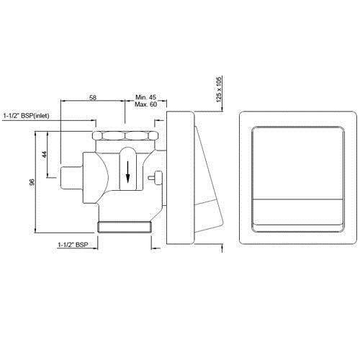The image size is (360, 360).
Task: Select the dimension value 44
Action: pyautogui.click(x=45, y=155)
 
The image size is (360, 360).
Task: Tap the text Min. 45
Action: pyautogui.click(x=147, y=96)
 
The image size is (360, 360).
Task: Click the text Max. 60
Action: pyautogui.click(x=147, y=105)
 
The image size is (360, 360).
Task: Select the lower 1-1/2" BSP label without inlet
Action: pyautogui.click(x=73, y=246)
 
